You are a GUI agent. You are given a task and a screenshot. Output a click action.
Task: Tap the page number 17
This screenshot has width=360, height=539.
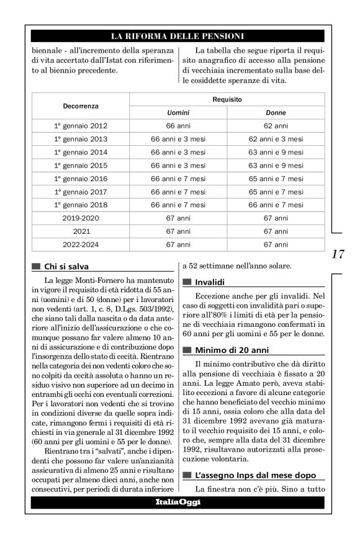click(338, 254)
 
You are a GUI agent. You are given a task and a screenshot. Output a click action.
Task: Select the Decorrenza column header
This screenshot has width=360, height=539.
click(81, 106)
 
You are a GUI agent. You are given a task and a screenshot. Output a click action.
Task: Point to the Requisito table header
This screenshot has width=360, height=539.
click(227, 99)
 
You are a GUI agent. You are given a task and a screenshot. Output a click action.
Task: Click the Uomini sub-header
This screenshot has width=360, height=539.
click(178, 113)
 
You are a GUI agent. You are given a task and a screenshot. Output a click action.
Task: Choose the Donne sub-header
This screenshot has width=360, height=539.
click(276, 113)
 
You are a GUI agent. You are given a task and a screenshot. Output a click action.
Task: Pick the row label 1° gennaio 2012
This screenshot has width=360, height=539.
click(81, 126)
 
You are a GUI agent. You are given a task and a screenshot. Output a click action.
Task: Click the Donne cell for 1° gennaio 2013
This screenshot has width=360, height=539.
click(276, 139)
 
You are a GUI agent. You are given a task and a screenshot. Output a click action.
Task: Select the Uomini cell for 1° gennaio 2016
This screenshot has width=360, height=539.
click(178, 179)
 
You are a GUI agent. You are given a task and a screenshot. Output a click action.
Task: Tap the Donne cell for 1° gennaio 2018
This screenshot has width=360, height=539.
click(276, 205)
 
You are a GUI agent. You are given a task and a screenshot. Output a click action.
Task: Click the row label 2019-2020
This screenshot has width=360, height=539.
click(81, 218)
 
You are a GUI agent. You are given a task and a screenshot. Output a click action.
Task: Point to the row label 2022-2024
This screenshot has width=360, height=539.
click(81, 244)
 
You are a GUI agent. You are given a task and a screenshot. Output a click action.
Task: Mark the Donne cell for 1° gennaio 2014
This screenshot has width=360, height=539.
click(276, 152)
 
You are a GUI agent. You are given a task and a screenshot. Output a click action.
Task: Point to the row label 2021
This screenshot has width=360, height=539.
click(81, 231)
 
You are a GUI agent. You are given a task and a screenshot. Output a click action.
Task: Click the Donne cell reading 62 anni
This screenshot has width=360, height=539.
click(276, 126)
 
